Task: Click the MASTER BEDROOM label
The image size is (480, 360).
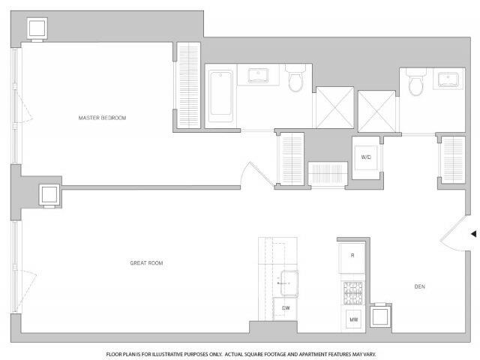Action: pos(103,118)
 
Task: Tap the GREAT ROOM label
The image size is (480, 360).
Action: pos(147,263)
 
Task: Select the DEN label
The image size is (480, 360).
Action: pos(419,286)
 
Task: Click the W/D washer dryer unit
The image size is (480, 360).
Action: pos(367,157)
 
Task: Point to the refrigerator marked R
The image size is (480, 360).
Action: pos(352,256)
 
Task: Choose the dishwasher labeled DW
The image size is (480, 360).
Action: pos(286,308)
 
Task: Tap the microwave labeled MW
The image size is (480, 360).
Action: pos(353,320)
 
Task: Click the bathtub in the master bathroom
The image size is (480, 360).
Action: pos(220,96)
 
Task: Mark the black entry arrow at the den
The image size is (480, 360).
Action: pos(473,234)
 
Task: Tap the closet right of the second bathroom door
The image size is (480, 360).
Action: pos(452,160)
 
